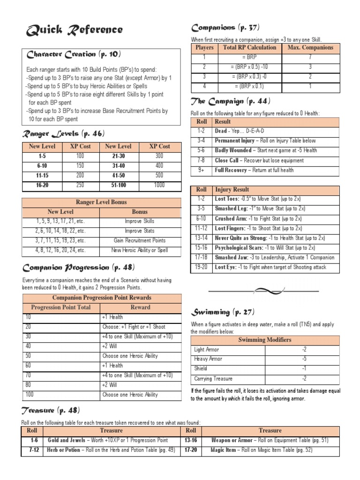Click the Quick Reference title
[x=75, y=30]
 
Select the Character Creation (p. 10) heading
[x=68, y=54]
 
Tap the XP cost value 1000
[x=159, y=186]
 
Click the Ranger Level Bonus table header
[x=101, y=202]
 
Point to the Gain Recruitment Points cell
[x=140, y=240]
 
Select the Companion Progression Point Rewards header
[x=101, y=298]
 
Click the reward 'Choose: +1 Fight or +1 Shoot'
[x=133, y=327]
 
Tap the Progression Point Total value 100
[x=30, y=395]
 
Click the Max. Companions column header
[x=310, y=47]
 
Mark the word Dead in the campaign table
[x=221, y=131]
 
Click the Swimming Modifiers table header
[x=265, y=340]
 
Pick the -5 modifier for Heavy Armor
[x=304, y=359]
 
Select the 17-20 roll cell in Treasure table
[x=191, y=450]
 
